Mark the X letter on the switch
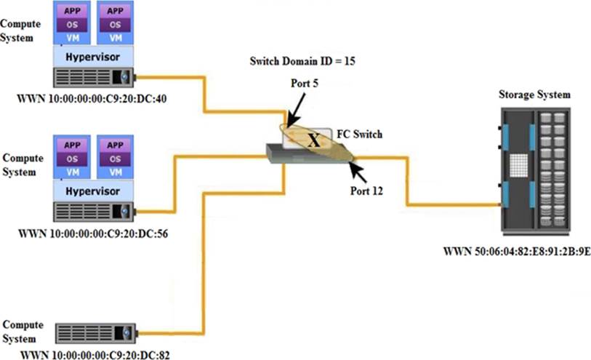(x=314, y=140)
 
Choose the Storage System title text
(x=534, y=95)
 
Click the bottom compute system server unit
(x=95, y=332)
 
